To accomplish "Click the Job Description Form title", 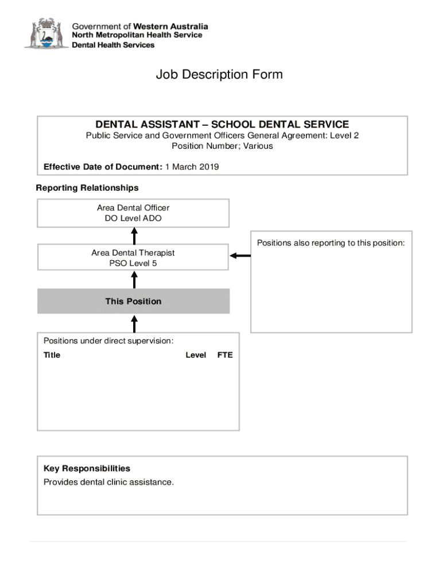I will click(x=219, y=75).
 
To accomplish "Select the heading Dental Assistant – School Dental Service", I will click(x=222, y=124).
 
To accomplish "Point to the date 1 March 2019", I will click(x=192, y=167).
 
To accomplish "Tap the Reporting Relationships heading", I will click(x=87, y=188).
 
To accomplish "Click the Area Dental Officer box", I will click(x=133, y=213).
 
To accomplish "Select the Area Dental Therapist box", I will click(x=133, y=258).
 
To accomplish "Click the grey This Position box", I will click(x=133, y=301).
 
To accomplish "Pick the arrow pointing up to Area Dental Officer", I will click(x=134, y=235).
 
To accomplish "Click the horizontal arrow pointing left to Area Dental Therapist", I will click(x=240, y=256).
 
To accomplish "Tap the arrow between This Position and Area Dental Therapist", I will click(x=134, y=279).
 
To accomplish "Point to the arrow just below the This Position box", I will click(x=134, y=323).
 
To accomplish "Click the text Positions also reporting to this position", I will click(x=331, y=243).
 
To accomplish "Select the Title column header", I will click(x=52, y=355).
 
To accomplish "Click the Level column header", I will click(x=196, y=355).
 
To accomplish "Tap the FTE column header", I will click(x=225, y=355).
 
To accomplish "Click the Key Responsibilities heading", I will click(x=87, y=469).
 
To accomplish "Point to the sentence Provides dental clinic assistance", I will click(x=108, y=482).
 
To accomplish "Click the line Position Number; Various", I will click(x=222, y=146).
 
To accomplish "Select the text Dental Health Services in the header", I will click(x=113, y=45).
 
